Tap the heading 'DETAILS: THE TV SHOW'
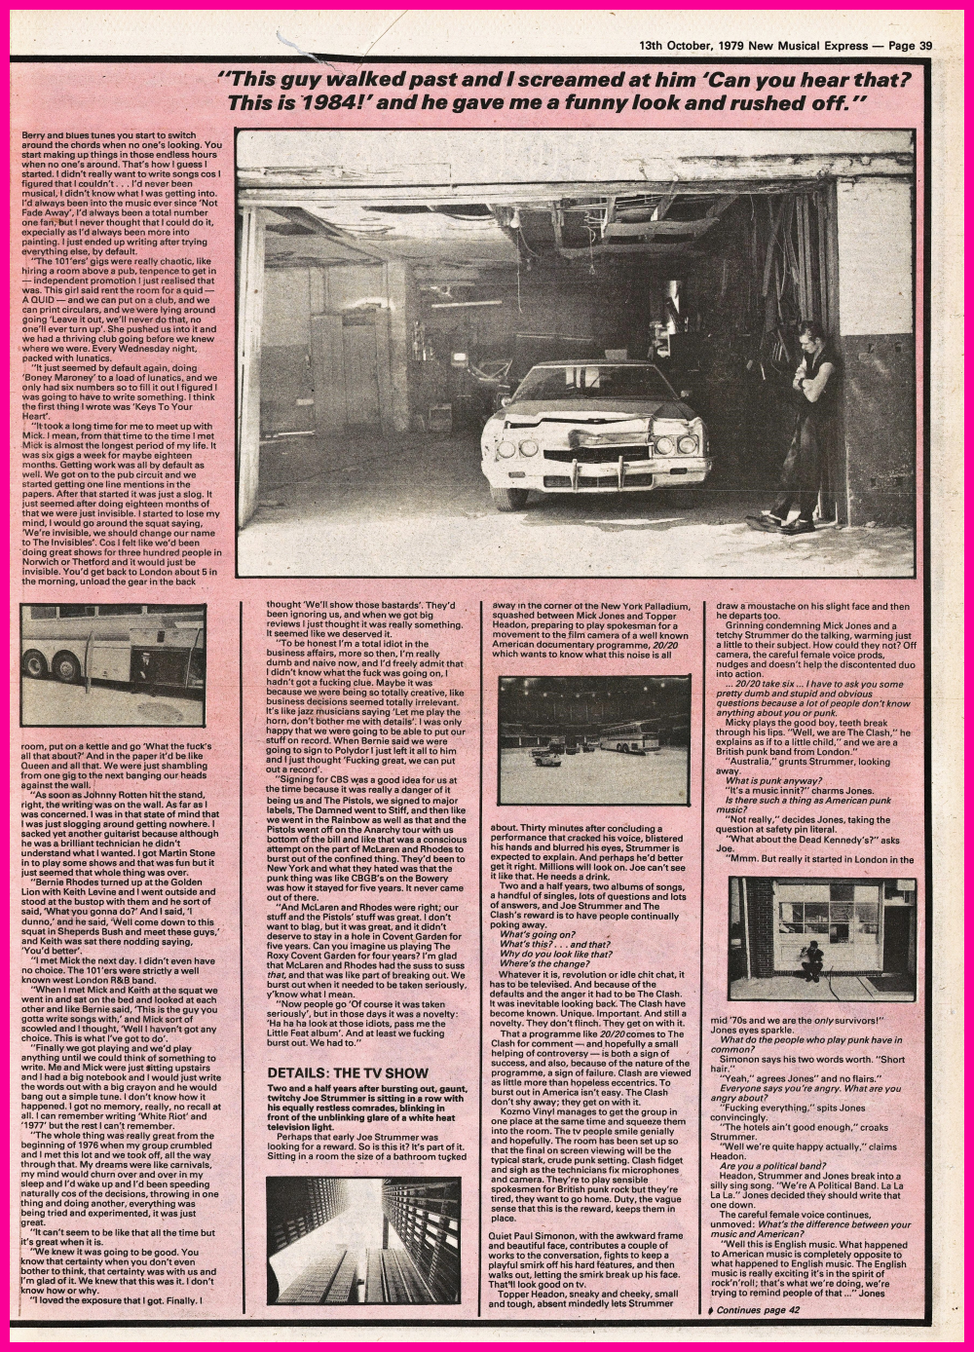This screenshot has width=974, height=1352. (348, 1072)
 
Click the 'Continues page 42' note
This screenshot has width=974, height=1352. (759, 1310)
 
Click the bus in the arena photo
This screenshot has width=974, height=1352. (628, 737)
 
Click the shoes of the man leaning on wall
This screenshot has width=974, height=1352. (785, 523)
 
